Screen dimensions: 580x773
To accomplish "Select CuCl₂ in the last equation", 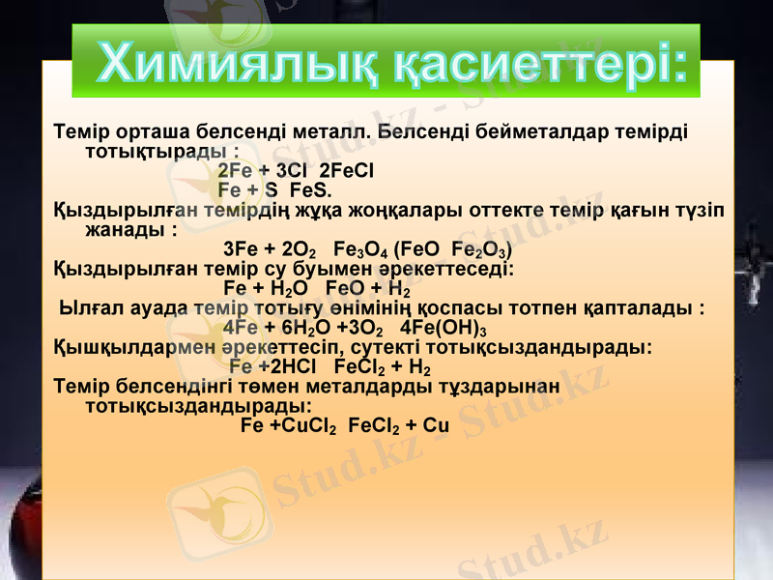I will (303, 427).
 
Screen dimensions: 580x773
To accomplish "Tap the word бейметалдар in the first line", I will (528, 130).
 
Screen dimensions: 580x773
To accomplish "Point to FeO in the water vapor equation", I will (345, 288).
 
